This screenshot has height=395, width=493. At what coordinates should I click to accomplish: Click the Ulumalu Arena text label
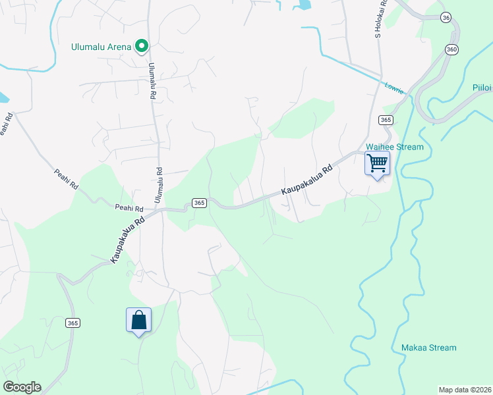(x=102, y=47)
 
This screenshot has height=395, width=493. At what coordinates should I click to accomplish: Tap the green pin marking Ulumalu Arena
(x=141, y=45)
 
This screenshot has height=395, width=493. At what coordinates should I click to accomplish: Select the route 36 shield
(x=446, y=18)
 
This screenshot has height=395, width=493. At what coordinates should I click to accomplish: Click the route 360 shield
(x=451, y=49)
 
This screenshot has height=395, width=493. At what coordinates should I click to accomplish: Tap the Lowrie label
(x=394, y=88)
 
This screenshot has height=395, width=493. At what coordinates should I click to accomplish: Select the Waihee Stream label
(x=395, y=147)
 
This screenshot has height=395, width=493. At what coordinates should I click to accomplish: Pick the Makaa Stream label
(x=428, y=348)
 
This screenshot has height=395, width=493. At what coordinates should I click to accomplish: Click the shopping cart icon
(x=377, y=163)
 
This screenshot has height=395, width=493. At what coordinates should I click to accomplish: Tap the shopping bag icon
(x=138, y=321)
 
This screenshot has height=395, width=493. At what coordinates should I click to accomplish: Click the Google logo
(x=22, y=387)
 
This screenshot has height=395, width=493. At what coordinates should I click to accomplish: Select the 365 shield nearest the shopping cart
(x=386, y=120)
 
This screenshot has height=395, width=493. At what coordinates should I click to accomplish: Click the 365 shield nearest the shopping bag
(x=72, y=323)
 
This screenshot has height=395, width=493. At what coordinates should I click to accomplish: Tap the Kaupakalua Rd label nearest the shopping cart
(x=306, y=179)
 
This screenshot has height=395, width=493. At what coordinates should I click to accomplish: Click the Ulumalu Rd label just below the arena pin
(x=152, y=81)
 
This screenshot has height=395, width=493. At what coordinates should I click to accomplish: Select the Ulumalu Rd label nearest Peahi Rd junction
(x=159, y=185)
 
